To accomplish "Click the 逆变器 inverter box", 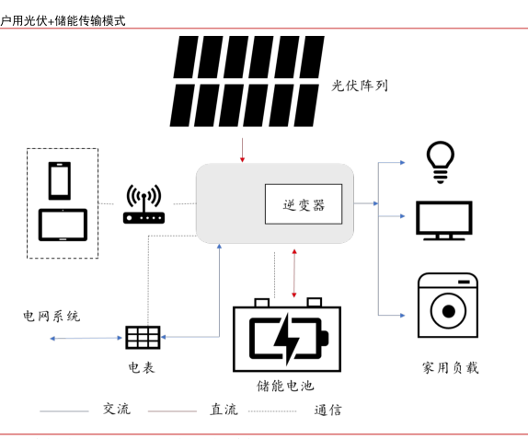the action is pyautogui.click(x=304, y=203).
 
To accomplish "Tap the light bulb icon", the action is pyautogui.click(x=440, y=162).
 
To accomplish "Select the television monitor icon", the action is pyautogui.click(x=443, y=221).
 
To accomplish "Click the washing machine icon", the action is pyautogui.click(x=448, y=306).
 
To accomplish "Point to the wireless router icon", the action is pyautogui.click(x=143, y=204).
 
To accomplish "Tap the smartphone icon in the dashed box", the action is pyautogui.click(x=60, y=181).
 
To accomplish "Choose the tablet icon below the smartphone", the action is pyautogui.click(x=63, y=225).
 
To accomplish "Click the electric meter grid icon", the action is pyautogui.click(x=143, y=337).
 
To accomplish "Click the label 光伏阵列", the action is pyautogui.click(x=360, y=86).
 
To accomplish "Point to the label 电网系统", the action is pyautogui.click(x=52, y=316).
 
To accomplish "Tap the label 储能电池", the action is pyautogui.click(x=285, y=386).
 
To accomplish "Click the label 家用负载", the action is pyautogui.click(x=450, y=367).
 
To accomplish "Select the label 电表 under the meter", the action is pyautogui.click(x=142, y=367).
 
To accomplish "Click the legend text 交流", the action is pyautogui.click(x=117, y=409).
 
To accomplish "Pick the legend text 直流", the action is pyautogui.click(x=224, y=410).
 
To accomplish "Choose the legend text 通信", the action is pyautogui.click(x=328, y=410).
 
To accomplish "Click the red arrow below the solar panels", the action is pyautogui.click(x=242, y=150).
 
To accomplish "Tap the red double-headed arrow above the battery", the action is pyautogui.click(x=294, y=273).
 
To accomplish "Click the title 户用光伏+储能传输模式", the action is pyautogui.click(x=63, y=21).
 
